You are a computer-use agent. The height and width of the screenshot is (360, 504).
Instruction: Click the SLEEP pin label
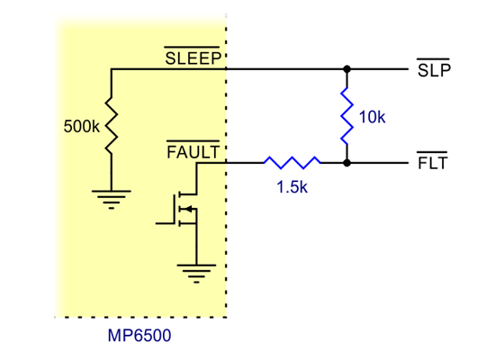coord(193,58)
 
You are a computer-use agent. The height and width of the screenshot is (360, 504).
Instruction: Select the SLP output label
coord(434,70)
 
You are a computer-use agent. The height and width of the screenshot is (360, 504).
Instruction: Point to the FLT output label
coord(433,164)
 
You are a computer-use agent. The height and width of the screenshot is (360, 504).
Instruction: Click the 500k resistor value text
coord(82,127)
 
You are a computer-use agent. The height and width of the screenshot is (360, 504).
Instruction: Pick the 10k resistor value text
coord(372,118)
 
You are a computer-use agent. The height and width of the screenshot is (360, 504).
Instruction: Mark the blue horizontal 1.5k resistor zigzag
coord(292,163)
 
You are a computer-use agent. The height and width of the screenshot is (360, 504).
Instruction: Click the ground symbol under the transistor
coord(195,269)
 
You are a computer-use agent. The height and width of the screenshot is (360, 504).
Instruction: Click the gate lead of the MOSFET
coord(165,221)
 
